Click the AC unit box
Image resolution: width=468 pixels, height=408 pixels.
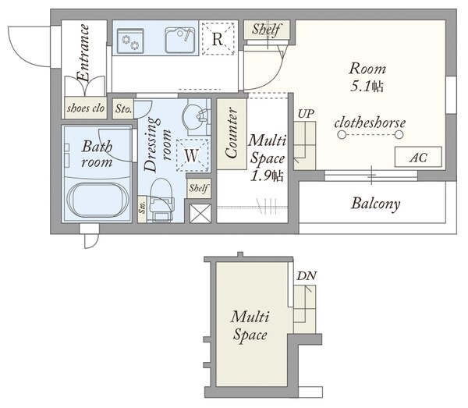tap(418, 157)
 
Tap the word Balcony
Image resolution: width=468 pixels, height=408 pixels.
tap(376, 204)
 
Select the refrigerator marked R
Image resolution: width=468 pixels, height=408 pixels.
tap(218, 38)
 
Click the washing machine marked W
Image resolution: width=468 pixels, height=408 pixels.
tap(192, 155)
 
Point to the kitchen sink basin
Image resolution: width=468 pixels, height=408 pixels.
tap(179, 41)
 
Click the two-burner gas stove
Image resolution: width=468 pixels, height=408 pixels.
tap(130, 41)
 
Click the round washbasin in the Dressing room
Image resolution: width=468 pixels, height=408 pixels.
tap(196, 116)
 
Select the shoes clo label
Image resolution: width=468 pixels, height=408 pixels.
tap(86, 108)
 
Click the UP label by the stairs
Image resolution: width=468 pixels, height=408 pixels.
tap(306, 114)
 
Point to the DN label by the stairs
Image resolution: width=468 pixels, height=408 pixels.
tap(307, 276)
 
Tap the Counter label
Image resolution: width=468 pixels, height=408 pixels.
tap(232, 133)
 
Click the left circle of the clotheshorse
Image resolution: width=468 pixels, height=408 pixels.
tap(342, 135)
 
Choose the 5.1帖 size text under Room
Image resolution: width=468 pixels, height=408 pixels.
tap(367, 87)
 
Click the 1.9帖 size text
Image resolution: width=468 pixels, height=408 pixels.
tap(266, 176)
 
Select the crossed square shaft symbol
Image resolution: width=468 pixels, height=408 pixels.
tap(200, 214)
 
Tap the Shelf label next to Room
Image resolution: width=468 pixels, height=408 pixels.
tap(266, 29)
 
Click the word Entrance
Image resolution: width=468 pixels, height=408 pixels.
tap(83, 52)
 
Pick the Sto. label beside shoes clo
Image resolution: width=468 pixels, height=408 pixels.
tap(123, 108)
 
